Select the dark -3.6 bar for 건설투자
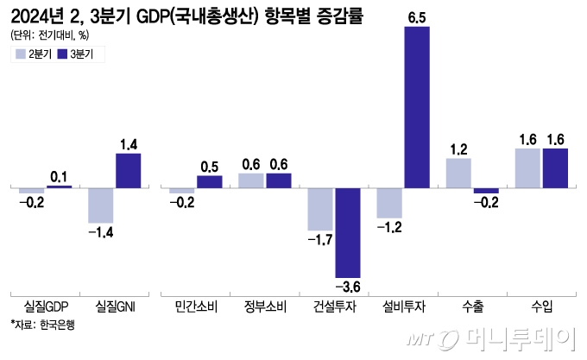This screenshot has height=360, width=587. coord(348,232)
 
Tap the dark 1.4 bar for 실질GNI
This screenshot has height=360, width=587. coord(128,171)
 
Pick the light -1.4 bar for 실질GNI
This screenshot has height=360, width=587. coord(101,205)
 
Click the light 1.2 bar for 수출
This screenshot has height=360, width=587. coord(458,173)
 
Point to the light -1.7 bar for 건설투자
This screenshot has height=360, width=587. coord(321,209)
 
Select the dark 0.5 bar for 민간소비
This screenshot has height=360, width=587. coord(210,181)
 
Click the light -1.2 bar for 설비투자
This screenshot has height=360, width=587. coord(389,203)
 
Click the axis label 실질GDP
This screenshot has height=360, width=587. coord(46,306)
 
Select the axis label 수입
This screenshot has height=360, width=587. coord(541,306)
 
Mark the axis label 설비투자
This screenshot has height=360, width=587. coord(403,306)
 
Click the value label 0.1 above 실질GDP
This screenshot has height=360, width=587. coord(60,176)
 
